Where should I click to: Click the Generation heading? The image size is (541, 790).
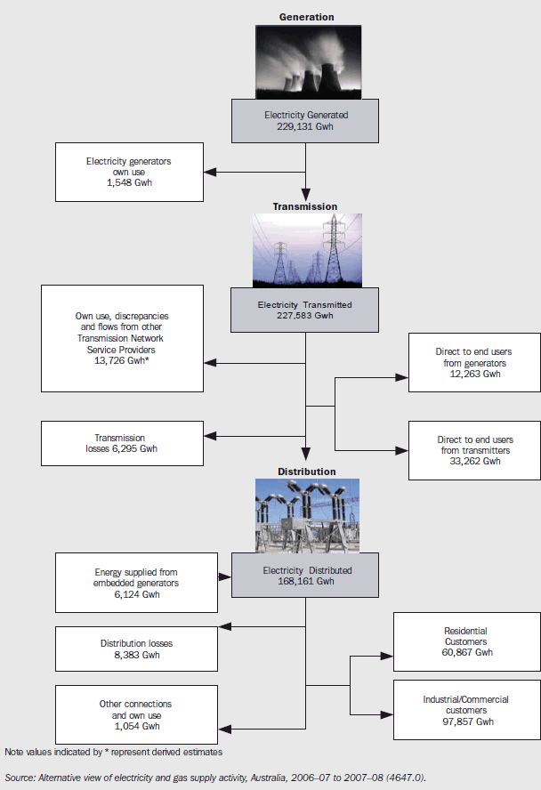pos(306,17)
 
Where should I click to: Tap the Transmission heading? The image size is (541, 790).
pos(306,206)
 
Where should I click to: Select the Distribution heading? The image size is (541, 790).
pos(306,472)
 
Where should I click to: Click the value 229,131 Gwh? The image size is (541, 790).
pos(306,126)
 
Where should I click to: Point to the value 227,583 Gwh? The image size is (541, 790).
pos(305,315)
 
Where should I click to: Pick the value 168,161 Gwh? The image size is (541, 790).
pos(305,582)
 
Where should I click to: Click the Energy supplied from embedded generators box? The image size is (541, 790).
pos(136,583)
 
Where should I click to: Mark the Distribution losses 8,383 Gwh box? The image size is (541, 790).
pos(136,649)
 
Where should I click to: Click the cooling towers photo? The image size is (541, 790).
pos(306,60)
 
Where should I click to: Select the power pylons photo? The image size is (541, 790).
pos(306,250)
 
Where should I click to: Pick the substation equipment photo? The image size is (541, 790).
pos(306,515)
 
